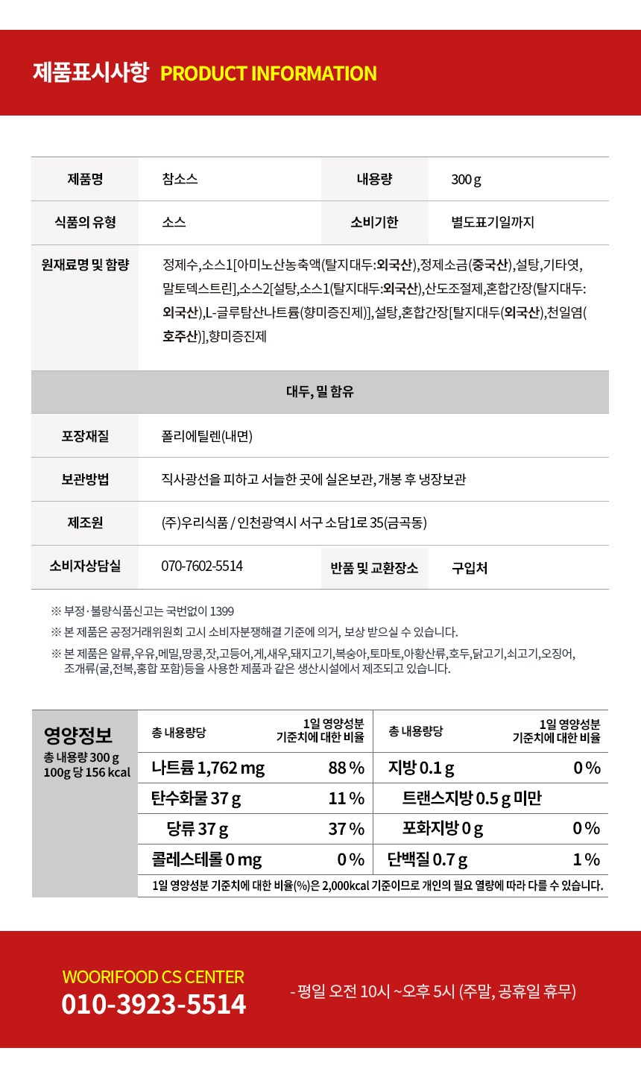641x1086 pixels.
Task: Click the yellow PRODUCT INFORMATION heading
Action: pyautogui.click(x=268, y=74)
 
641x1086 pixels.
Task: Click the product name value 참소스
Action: pyautogui.click(x=180, y=179)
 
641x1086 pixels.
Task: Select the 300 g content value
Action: pyautogui.click(x=466, y=180)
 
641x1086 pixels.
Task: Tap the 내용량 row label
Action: pyautogui.click(x=374, y=179)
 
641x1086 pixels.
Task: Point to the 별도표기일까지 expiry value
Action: pyautogui.click(x=492, y=222)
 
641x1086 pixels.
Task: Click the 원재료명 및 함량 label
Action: pyautogui.click(x=85, y=265)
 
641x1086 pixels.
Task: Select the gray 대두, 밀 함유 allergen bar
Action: pyautogui.click(x=320, y=391)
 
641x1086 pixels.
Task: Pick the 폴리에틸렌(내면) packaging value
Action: pyautogui.click(x=207, y=436)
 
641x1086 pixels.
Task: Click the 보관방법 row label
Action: pyautogui.click(x=85, y=479)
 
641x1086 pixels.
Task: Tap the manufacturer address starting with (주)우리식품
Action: pyautogui.click(x=294, y=523)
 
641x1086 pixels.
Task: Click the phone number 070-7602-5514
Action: pyautogui.click(x=202, y=566)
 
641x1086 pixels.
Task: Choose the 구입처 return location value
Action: pyautogui.click(x=470, y=568)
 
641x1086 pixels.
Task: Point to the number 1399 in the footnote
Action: pyautogui.click(x=222, y=611)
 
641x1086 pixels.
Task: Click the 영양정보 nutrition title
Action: pyautogui.click(x=78, y=736)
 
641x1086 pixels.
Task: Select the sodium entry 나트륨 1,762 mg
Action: pyautogui.click(x=208, y=768)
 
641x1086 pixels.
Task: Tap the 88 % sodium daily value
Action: pyautogui.click(x=346, y=768)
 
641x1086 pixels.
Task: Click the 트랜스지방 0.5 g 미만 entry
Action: pyautogui.click(x=472, y=798)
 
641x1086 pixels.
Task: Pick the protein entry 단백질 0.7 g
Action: pyautogui.click(x=427, y=859)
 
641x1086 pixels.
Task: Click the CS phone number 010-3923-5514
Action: pyautogui.click(x=154, y=1004)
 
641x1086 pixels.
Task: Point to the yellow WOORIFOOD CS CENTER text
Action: pyautogui.click(x=154, y=977)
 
